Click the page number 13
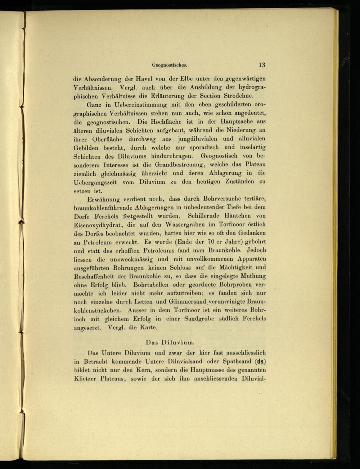[261, 65]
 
